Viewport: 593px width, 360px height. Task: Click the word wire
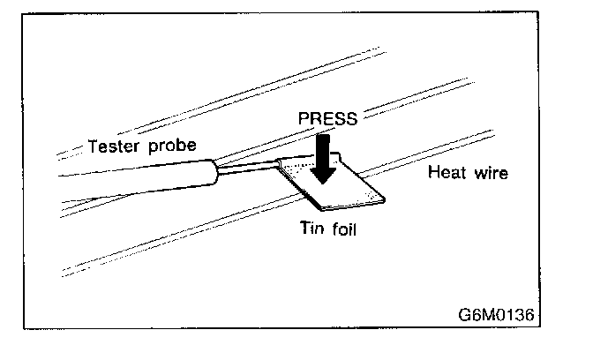pyautogui.click(x=491, y=173)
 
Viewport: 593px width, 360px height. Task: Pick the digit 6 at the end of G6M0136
pyautogui.click(x=529, y=314)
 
